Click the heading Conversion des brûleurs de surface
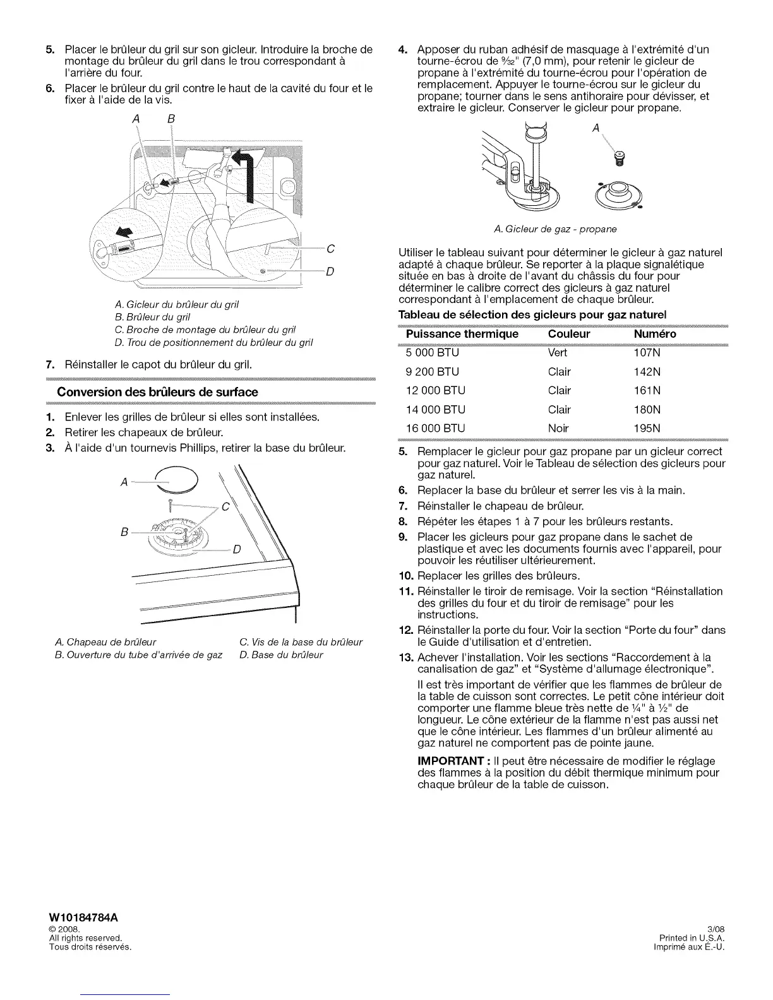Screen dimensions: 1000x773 [157, 392]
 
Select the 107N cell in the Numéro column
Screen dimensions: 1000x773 [647, 353]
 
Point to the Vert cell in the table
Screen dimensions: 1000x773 [558, 353]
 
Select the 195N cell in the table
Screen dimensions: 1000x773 [647, 428]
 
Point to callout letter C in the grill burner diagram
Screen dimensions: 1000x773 [330, 248]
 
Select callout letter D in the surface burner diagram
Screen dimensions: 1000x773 [237, 549]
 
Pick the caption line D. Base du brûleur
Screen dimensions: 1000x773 [281, 655]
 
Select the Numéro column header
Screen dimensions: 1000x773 [654, 334]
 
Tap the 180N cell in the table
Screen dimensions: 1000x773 [647, 409]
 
